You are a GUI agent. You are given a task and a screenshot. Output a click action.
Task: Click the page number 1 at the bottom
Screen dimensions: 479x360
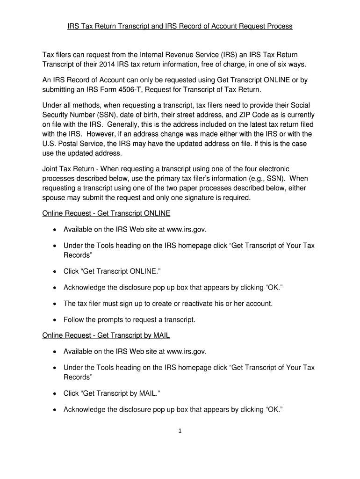(x=180, y=431)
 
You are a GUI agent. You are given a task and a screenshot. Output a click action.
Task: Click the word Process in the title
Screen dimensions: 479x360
(x=279, y=26)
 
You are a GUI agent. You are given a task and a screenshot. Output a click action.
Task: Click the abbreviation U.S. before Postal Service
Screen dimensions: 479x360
(x=50, y=144)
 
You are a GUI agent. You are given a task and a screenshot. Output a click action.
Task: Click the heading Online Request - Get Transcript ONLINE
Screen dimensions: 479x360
(x=106, y=214)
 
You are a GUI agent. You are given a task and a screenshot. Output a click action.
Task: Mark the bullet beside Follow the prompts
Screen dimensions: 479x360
(x=55, y=320)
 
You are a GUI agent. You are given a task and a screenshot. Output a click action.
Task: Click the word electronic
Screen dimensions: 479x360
(x=271, y=169)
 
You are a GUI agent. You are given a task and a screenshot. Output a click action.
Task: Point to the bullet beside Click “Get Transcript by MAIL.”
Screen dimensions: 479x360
(x=55, y=393)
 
